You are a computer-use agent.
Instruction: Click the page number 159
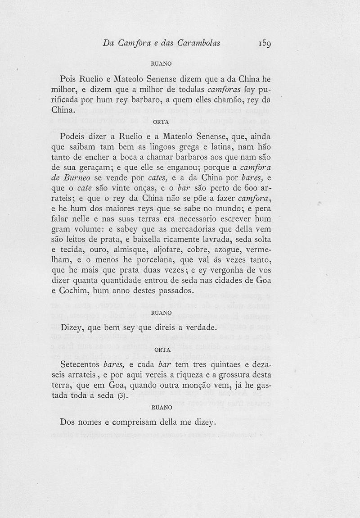265,43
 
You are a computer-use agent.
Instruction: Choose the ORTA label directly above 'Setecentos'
162,350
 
